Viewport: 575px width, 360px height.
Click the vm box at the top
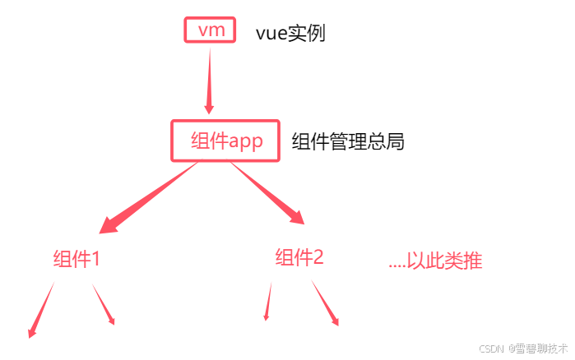pyautogui.click(x=210, y=30)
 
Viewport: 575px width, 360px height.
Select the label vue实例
pyautogui.click(x=291, y=34)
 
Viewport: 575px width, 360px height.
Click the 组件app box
pyautogui.click(x=225, y=141)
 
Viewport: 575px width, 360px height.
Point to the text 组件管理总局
pyautogui.click(x=348, y=141)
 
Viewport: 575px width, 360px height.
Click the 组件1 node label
pyautogui.click(x=77, y=260)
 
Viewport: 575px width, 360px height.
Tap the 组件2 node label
pyautogui.click(x=299, y=258)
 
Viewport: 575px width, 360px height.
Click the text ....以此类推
pyautogui.click(x=434, y=261)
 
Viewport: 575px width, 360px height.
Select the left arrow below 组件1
pyautogui.click(x=41, y=311)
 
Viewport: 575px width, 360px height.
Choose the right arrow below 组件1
pyautogui.click(x=104, y=305)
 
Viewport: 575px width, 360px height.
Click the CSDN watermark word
pyautogui.click(x=490, y=348)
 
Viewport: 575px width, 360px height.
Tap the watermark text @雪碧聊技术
pyautogui.click(x=537, y=348)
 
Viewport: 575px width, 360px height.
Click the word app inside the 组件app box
pyautogui.click(x=245, y=141)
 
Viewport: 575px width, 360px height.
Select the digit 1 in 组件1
pyautogui.click(x=95, y=260)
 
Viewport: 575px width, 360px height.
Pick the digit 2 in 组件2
pyautogui.click(x=318, y=258)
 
